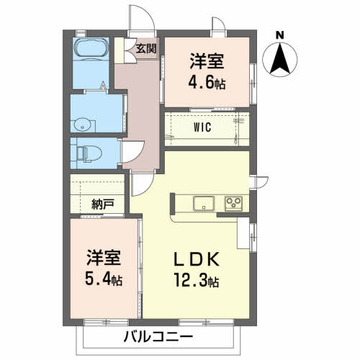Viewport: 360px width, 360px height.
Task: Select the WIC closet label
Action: point(202,128)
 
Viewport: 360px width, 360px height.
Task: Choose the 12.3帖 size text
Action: point(197,280)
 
